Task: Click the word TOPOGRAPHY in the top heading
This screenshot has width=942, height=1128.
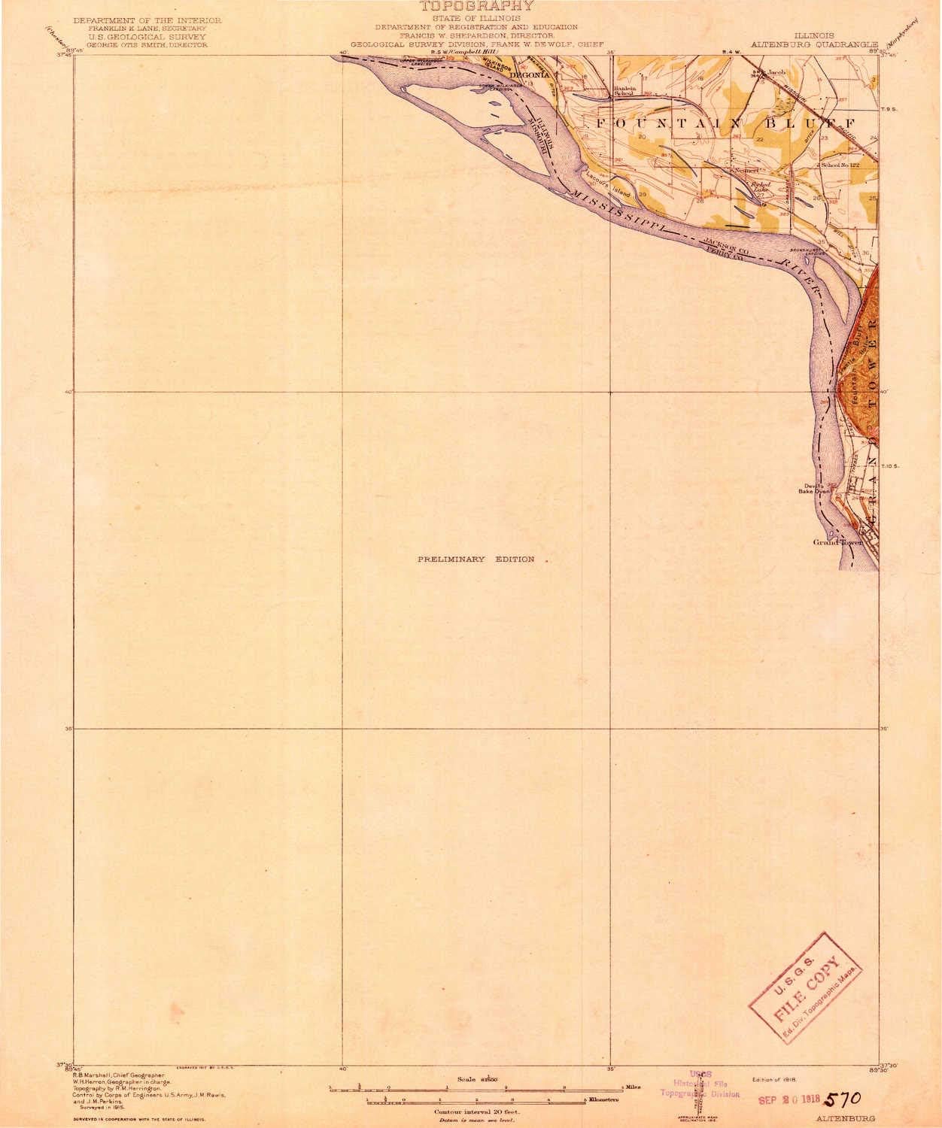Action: tap(476, 5)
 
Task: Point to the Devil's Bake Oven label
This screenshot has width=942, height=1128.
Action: tap(815, 488)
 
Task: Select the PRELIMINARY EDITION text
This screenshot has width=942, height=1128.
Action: tap(476, 559)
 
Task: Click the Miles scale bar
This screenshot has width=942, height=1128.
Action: tap(476, 1087)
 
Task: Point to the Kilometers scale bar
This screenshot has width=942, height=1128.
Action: tap(476, 1100)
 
